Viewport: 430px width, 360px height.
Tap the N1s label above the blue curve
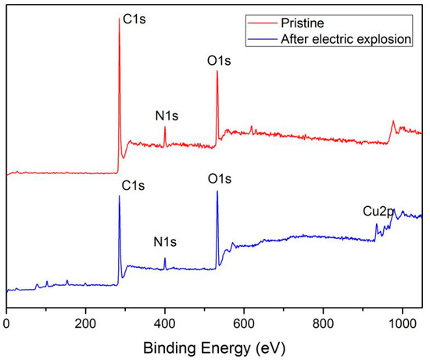click(165, 241)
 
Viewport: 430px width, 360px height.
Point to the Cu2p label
click(376, 211)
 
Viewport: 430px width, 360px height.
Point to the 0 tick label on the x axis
click(7, 320)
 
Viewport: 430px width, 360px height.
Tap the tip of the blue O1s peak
click(217, 191)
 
